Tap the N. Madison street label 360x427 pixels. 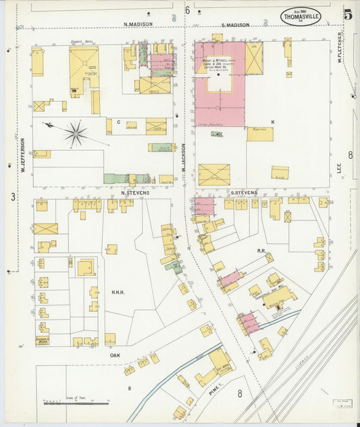(x=138, y=24)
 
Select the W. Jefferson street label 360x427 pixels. (x=22, y=154)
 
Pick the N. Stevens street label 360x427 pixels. (x=134, y=193)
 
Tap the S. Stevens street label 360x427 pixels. (x=244, y=193)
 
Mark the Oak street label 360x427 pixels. (x=115, y=353)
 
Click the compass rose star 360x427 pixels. (x=76, y=132)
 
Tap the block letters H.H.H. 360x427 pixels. (x=120, y=293)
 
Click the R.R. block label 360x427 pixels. (x=261, y=250)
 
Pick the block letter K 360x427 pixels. (x=273, y=122)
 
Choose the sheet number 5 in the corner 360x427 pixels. (x=346, y=14)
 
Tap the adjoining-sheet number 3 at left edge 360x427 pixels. (x=12, y=197)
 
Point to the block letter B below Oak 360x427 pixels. (x=129, y=388)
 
